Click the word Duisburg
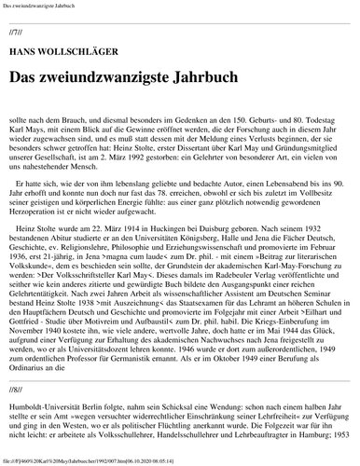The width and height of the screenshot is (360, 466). [233, 240]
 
